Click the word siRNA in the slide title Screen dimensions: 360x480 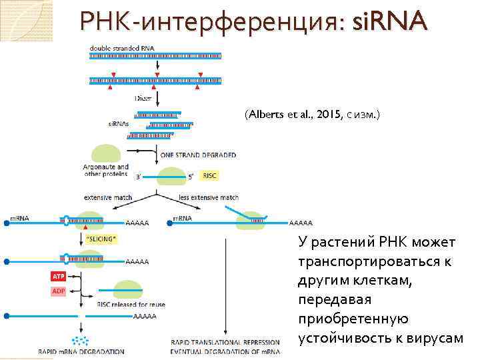click(x=389, y=23)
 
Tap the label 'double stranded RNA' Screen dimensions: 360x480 click(x=119, y=47)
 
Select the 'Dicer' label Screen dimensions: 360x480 click(x=144, y=98)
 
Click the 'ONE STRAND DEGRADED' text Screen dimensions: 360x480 click(x=198, y=155)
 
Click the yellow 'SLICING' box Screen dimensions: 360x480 click(x=101, y=238)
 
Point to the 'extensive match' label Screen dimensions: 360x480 click(x=108, y=197)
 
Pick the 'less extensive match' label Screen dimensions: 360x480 click(x=209, y=197)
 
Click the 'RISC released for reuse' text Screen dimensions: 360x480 click(x=131, y=305)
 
